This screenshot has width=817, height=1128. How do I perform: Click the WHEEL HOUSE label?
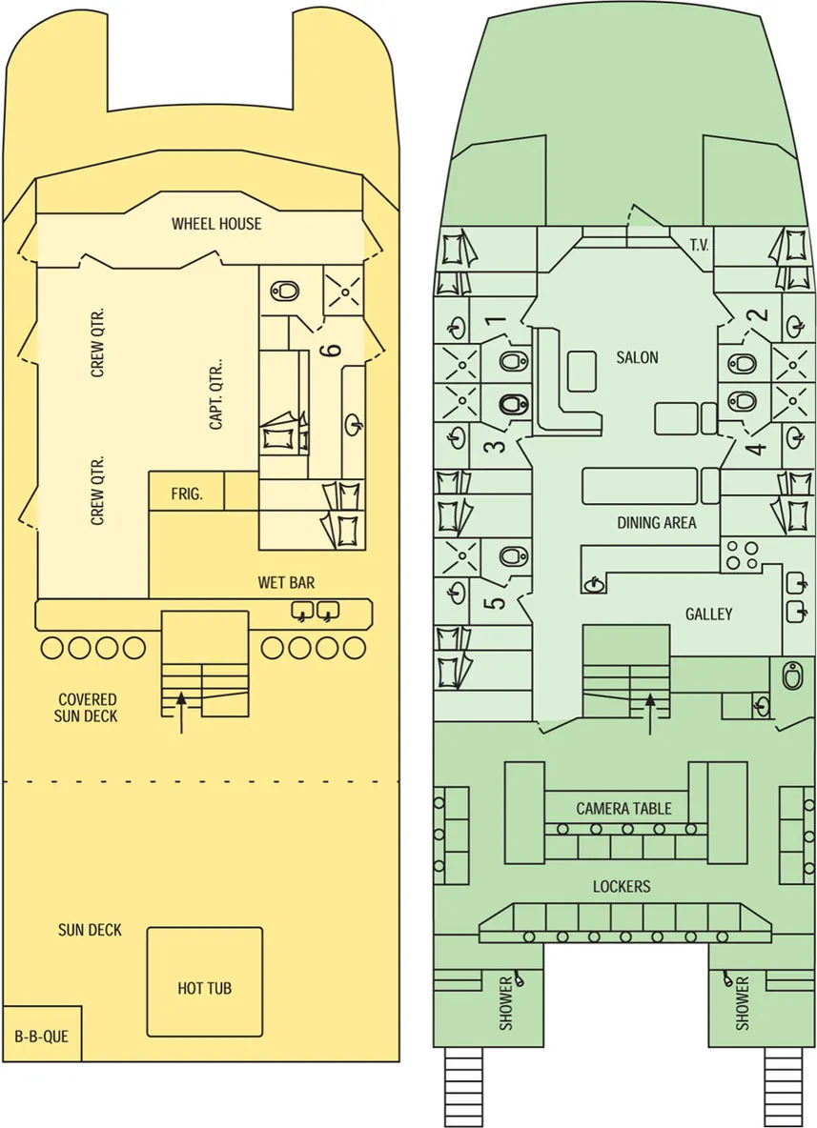[216, 223]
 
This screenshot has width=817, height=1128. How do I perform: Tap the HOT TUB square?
[204, 982]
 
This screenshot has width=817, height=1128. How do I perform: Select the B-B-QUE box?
[42, 1034]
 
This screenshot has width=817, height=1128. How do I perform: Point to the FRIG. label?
[187, 493]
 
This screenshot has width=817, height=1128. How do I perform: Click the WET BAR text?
[287, 582]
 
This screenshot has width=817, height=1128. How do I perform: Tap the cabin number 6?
[331, 351]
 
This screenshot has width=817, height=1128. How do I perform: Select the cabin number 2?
[760, 314]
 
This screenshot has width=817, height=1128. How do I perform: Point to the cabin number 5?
[498, 600]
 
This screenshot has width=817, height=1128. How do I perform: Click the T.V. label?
[699, 245]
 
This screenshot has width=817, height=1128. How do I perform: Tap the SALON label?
[637, 357]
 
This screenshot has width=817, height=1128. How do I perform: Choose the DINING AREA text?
[657, 522]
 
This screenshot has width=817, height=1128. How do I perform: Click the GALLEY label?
[709, 614]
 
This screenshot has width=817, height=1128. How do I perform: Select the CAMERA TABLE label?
[623, 808]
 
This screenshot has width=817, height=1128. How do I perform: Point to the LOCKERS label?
[622, 886]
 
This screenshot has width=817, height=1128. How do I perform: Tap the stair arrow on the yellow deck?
[181, 713]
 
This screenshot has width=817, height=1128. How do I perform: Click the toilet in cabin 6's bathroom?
[286, 291]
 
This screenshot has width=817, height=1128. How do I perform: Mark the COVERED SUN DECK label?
[87, 707]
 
